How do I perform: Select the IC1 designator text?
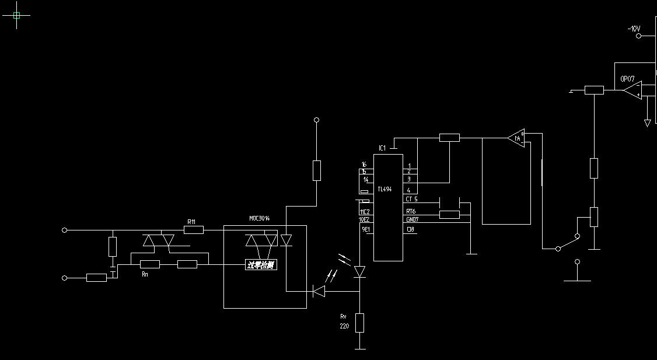[382, 148]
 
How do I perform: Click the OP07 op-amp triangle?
[632, 90]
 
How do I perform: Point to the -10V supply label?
[633, 29]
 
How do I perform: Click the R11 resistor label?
[191, 222]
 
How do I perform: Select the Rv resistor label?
[344, 316]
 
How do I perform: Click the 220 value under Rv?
[344, 327]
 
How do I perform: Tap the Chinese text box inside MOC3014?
[261, 265]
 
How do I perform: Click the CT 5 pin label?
[411, 200]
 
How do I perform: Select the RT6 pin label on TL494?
[411, 211]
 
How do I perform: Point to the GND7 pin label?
[412, 219]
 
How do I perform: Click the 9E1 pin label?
[366, 230]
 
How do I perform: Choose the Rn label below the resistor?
[145, 274]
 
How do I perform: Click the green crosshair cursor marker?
[16, 16]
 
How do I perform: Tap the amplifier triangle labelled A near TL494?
[516, 138]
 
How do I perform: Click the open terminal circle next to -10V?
[638, 36]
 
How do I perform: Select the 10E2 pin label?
[365, 220]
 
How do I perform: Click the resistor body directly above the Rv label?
[359, 322]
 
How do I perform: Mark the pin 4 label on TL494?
[409, 190]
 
